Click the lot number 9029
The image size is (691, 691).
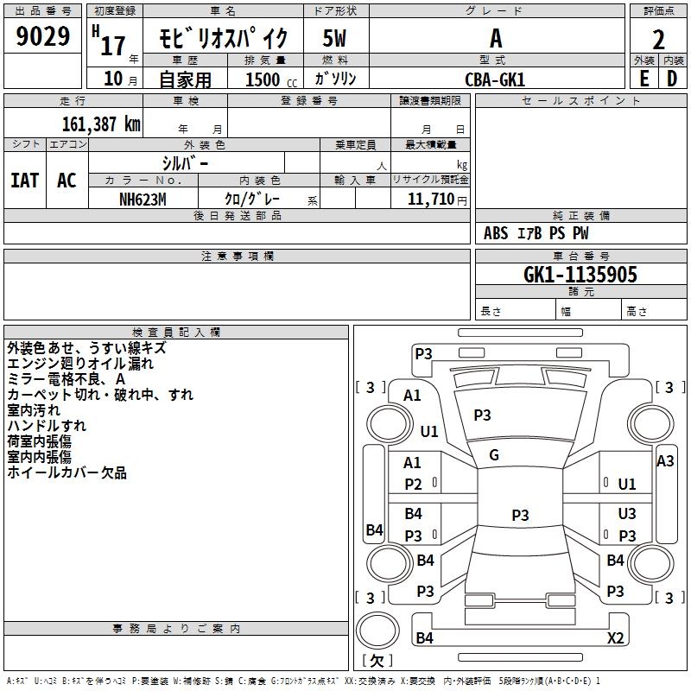pyautogui.click(x=42, y=35)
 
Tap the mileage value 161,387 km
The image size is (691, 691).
pyautogui.click(x=101, y=124)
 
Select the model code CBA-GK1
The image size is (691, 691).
pyautogui.click(x=495, y=79)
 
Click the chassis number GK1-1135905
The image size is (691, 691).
pyautogui.click(x=580, y=275)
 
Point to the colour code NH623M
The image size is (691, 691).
pyautogui.click(x=143, y=200)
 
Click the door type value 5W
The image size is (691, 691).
pyautogui.click(x=334, y=38)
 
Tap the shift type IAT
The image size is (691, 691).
pyautogui.click(x=25, y=181)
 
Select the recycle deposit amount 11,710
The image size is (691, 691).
pyautogui.click(x=431, y=200)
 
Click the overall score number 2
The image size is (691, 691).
pyautogui.click(x=658, y=40)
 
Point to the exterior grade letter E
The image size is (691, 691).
pyautogui.click(x=644, y=79)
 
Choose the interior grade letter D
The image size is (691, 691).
pyautogui.click(x=672, y=79)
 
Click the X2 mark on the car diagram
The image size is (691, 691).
pyautogui.click(x=616, y=637)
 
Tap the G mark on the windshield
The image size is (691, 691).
pyautogui.click(x=494, y=455)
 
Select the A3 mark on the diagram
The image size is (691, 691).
pyautogui.click(x=665, y=461)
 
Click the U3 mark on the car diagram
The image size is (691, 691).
pyautogui.click(x=627, y=513)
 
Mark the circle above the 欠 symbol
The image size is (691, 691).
pyautogui.click(x=377, y=631)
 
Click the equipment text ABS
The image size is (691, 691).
pyautogui.click(x=496, y=233)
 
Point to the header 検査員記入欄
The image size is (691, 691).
pyautogui.click(x=176, y=333)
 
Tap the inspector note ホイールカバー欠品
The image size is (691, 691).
pyautogui.click(x=67, y=472)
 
